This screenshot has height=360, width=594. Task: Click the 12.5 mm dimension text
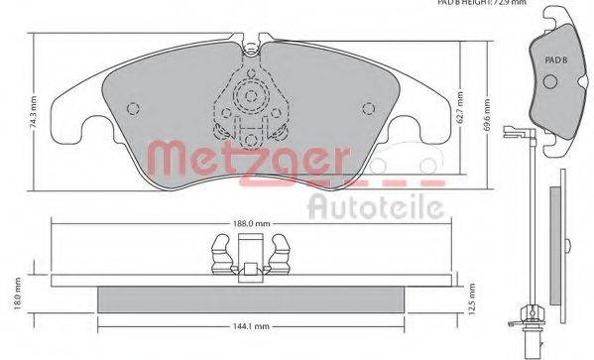(474, 300)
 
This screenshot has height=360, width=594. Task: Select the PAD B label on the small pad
(555, 60)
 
